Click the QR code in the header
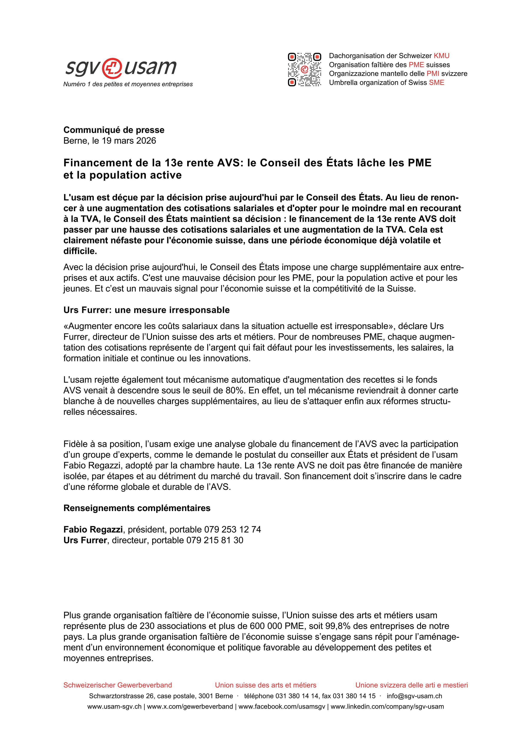tap(304, 69)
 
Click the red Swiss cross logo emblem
tap(112, 68)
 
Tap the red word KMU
tap(441, 56)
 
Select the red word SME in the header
tap(437, 83)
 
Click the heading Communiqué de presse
tap(114, 130)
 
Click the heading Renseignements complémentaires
tap(137, 508)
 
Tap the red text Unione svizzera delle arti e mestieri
tap(411, 685)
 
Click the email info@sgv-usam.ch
tap(414, 696)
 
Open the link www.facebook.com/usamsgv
tap(282, 707)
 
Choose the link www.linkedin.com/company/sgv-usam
tap(387, 707)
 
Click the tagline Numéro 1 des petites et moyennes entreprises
tap(128, 84)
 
